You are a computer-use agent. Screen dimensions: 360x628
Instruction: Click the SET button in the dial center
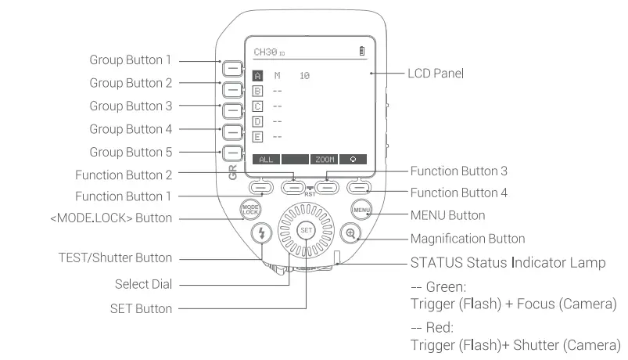click(x=306, y=231)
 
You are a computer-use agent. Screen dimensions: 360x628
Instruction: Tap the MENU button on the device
click(x=361, y=210)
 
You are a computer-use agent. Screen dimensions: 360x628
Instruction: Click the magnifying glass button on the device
click(x=351, y=232)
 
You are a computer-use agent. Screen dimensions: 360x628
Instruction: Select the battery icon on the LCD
click(x=361, y=52)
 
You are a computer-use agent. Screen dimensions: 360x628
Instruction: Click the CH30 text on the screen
click(x=265, y=52)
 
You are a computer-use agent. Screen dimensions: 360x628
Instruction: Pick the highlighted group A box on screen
click(x=258, y=76)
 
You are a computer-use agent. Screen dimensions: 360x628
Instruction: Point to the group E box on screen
click(x=258, y=136)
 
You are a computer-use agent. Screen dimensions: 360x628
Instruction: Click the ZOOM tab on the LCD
click(x=325, y=159)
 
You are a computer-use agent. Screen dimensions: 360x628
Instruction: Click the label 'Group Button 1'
click(x=130, y=59)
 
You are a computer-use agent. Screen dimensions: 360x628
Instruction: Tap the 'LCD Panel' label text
click(x=436, y=74)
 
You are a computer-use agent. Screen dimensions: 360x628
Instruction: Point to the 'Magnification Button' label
click(x=468, y=238)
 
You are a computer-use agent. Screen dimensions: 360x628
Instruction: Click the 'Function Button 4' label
click(x=460, y=192)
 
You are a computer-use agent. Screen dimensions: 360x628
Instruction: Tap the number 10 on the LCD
click(x=304, y=76)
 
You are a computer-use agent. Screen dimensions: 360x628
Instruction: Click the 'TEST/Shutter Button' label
click(x=115, y=257)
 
